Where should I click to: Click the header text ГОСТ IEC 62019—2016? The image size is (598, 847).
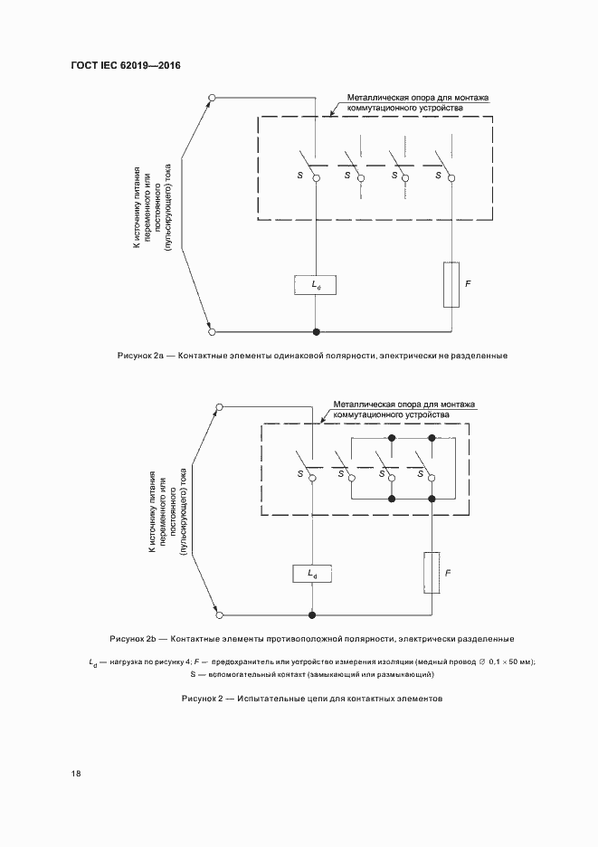pyautogui.click(x=126, y=65)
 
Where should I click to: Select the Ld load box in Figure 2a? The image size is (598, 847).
pyautogui.click(x=315, y=284)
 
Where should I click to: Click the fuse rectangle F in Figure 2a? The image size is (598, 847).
pyautogui.click(x=451, y=283)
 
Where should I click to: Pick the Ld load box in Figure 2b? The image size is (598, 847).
pyautogui.click(x=312, y=574)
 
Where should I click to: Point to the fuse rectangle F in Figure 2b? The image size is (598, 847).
pyautogui.click(x=432, y=573)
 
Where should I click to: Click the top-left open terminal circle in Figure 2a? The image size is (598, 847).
pyautogui.click(x=212, y=97)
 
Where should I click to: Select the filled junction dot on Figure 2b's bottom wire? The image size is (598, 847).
pyautogui.click(x=311, y=615)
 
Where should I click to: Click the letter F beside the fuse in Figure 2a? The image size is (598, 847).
pyautogui.click(x=468, y=284)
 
